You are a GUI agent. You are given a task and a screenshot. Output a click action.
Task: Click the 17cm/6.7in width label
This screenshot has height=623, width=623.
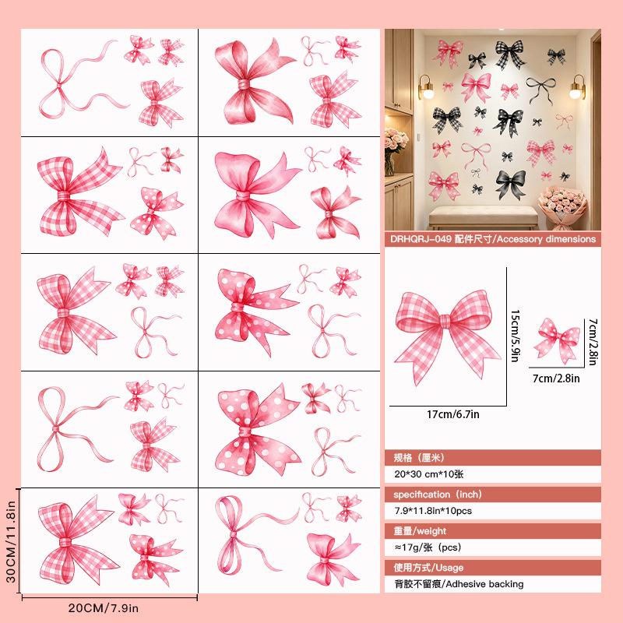click(x=453, y=414)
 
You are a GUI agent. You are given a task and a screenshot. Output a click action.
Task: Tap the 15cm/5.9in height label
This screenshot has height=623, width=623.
click(x=515, y=336)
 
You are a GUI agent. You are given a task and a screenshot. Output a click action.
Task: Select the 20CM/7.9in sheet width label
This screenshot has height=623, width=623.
click(x=104, y=608)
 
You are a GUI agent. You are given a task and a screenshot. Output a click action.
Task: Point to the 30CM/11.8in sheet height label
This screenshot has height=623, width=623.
click(x=11, y=541)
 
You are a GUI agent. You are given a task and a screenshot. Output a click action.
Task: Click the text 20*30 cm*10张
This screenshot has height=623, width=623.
click(x=429, y=474)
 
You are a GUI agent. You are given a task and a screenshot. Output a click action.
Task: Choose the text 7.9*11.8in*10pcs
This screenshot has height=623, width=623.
click(x=433, y=511)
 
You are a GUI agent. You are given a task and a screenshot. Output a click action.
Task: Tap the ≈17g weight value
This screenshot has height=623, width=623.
click(x=408, y=547)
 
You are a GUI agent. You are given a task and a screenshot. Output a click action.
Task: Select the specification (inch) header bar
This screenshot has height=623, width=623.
click(x=493, y=495)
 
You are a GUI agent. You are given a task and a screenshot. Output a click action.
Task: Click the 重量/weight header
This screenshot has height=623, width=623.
click(x=420, y=531)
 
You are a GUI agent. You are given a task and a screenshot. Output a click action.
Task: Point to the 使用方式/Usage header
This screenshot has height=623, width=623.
click(x=428, y=568)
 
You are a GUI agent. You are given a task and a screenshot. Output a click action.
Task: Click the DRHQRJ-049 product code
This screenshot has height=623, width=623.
click(x=421, y=239)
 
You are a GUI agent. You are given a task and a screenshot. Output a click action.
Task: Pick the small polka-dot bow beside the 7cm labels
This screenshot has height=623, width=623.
click(x=556, y=340)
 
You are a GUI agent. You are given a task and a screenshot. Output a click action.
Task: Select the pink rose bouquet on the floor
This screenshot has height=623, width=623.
click(x=561, y=207)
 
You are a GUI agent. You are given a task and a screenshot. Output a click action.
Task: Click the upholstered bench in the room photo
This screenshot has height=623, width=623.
click(x=483, y=217)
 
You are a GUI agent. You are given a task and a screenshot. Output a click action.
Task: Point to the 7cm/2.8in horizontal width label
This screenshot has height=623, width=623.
click(x=556, y=378)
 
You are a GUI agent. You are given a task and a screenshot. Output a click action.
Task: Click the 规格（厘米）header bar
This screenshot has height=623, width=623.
click(x=493, y=458)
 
